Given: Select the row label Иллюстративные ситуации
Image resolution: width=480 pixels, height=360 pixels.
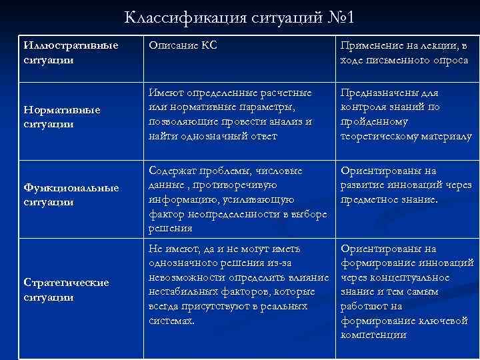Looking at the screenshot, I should pos(70,52).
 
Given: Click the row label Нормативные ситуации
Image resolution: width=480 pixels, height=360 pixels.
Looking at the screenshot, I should pos(61,116).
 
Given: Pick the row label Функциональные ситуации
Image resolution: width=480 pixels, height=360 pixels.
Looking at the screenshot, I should pos(71,194).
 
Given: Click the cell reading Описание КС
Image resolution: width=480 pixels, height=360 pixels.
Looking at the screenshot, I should pos(183,45).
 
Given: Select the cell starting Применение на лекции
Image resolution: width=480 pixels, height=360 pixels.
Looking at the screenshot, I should pos(404,53).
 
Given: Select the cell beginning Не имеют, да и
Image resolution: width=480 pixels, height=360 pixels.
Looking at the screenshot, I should pos(237,285).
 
